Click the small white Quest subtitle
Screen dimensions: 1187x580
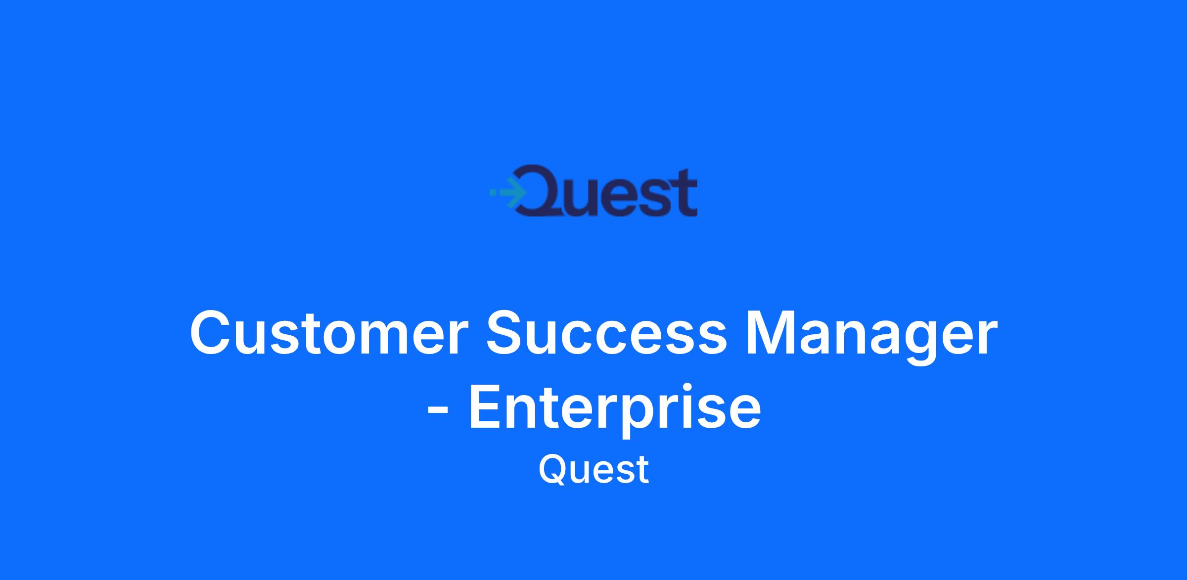coord(593,469)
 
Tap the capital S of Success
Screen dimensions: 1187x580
coord(508,332)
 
